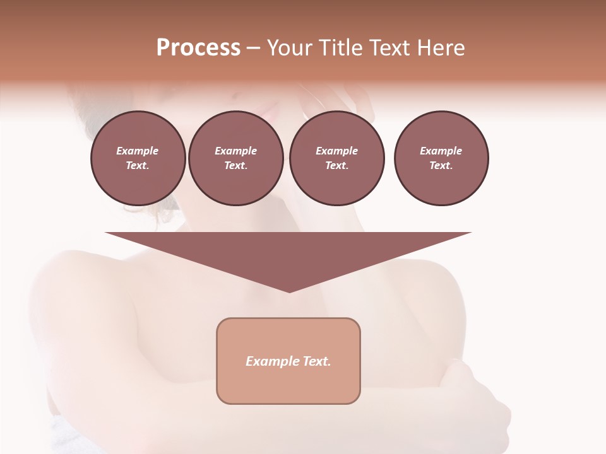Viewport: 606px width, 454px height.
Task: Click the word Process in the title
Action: pos(198,48)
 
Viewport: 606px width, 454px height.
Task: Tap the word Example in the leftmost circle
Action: pos(138,151)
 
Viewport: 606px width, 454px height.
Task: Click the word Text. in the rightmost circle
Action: pos(441,166)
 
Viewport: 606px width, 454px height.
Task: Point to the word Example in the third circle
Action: pos(336,151)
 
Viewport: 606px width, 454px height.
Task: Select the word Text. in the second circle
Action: pos(235,166)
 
